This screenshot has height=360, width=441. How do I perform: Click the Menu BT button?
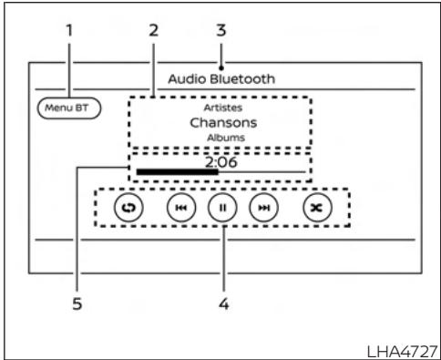pos(69,108)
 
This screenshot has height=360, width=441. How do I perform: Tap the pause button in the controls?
pos(220,209)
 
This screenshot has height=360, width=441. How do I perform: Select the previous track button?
pos(180,209)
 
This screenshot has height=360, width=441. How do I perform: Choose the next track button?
pos(262,209)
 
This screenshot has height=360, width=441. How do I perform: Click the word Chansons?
pos(219,122)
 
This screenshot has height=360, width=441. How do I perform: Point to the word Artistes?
pos(219,107)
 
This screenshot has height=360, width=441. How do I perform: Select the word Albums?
pos(219,138)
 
